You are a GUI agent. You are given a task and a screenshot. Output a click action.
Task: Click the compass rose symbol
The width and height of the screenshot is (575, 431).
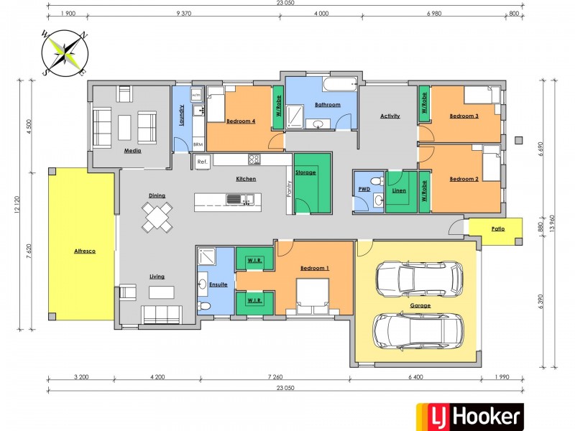(x=64, y=52)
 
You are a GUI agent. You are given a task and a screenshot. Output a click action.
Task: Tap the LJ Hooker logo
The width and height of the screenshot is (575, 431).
(x=470, y=416)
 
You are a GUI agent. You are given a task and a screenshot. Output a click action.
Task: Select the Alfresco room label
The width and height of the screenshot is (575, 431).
(x=85, y=251)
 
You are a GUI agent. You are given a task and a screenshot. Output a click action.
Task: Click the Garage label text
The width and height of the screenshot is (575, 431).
(x=420, y=305)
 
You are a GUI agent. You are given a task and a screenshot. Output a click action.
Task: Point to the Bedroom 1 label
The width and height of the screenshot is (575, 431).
(x=314, y=268)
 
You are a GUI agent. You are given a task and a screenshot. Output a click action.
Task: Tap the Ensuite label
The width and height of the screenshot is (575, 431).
(x=218, y=284)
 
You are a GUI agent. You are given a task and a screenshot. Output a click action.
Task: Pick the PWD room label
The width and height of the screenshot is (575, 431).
(x=364, y=190)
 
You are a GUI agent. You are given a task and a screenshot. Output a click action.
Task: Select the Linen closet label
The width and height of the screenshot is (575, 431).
(x=400, y=190)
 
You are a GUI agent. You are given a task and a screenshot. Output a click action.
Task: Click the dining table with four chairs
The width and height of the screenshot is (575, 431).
(x=157, y=216)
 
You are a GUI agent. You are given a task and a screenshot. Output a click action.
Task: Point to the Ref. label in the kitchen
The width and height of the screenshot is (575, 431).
(x=202, y=161)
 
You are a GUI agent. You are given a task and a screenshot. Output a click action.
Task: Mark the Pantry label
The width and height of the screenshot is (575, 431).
(x=289, y=188)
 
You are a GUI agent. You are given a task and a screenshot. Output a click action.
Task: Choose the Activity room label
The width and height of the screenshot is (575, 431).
(x=390, y=116)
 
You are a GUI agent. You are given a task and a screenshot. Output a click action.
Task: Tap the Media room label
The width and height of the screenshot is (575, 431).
(x=132, y=151)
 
